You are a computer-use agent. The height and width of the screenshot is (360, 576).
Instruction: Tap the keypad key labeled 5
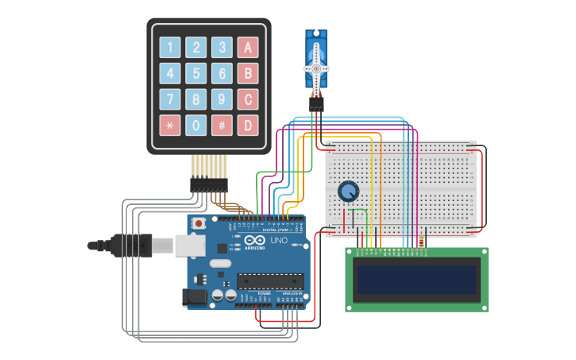[196, 74]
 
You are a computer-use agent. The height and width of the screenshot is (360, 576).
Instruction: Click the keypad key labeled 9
[222, 99]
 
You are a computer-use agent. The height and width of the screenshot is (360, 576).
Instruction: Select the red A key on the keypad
[248, 48]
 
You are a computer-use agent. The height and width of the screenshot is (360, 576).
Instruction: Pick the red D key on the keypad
[248, 125]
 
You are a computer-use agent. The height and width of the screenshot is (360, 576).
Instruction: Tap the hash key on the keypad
[222, 125]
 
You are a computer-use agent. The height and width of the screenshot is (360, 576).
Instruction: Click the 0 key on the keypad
[196, 125]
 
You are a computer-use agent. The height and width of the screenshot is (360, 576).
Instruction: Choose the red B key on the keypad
[248, 74]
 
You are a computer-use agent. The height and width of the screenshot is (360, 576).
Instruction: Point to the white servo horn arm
[316, 68]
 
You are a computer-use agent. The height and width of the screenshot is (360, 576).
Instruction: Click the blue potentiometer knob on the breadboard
[348, 192]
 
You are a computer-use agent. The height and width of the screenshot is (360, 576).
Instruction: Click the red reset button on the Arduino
[199, 223]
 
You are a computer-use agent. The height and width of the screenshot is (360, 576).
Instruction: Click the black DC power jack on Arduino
[193, 297]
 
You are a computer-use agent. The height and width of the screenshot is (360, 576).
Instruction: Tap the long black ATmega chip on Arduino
[270, 281]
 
